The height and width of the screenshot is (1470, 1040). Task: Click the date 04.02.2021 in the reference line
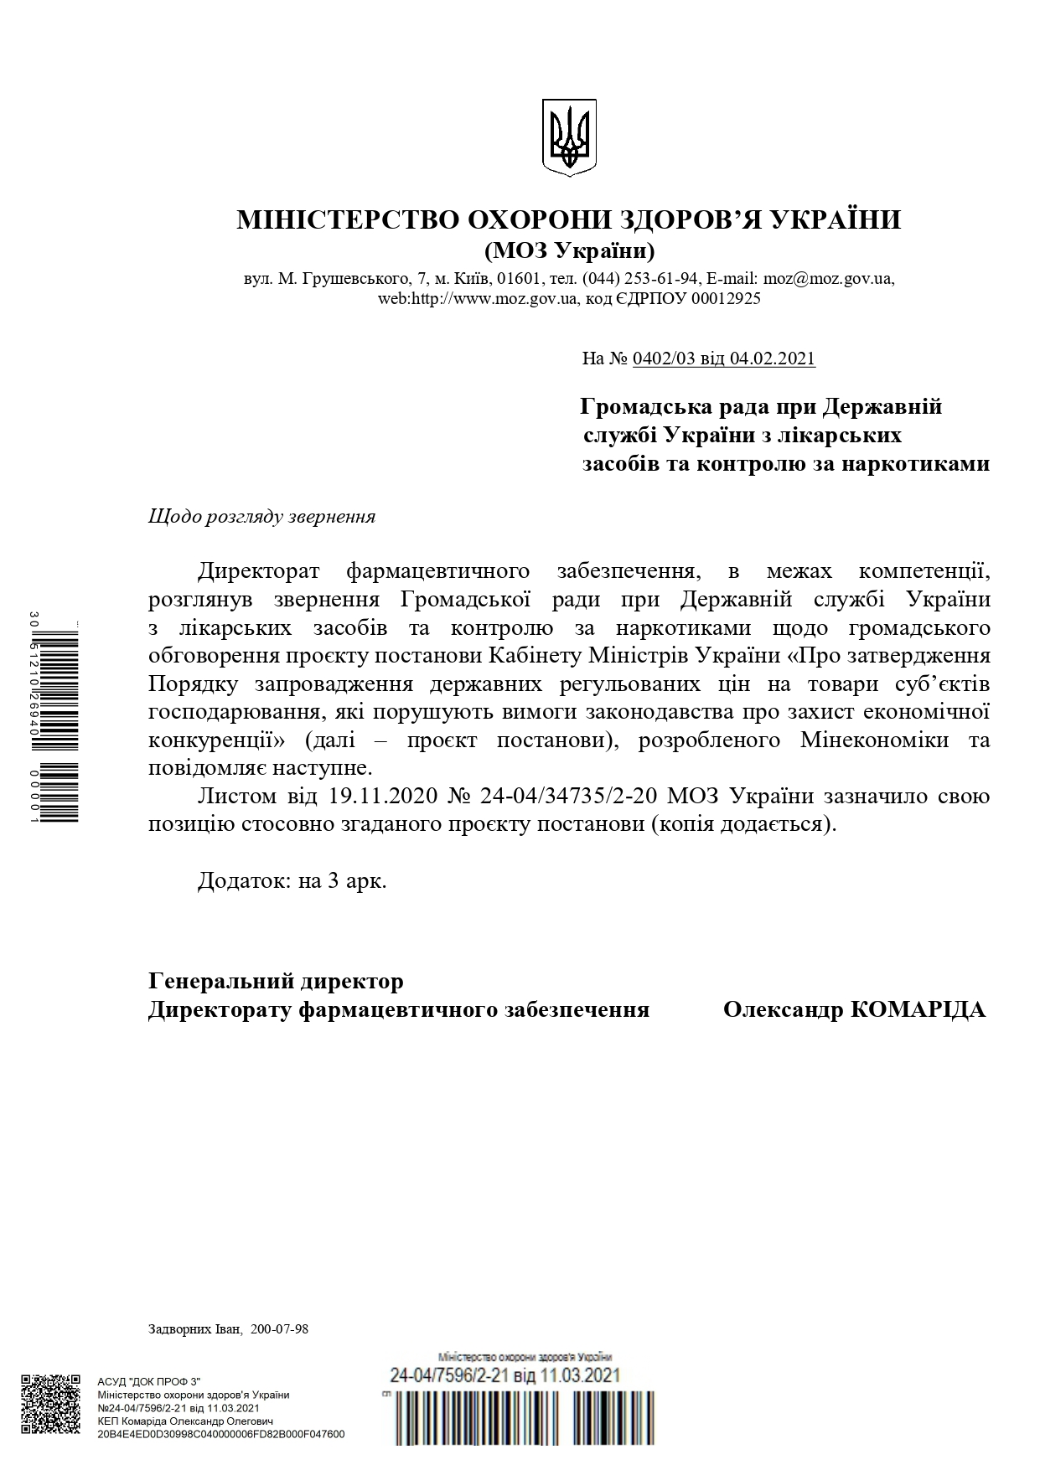[x=772, y=358]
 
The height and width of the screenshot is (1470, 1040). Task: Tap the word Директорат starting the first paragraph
[x=259, y=571]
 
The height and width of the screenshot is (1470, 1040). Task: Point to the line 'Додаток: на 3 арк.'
[x=292, y=881]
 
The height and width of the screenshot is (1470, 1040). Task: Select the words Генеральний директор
[x=276, y=981]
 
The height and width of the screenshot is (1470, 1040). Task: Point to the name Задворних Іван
[x=194, y=1329]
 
